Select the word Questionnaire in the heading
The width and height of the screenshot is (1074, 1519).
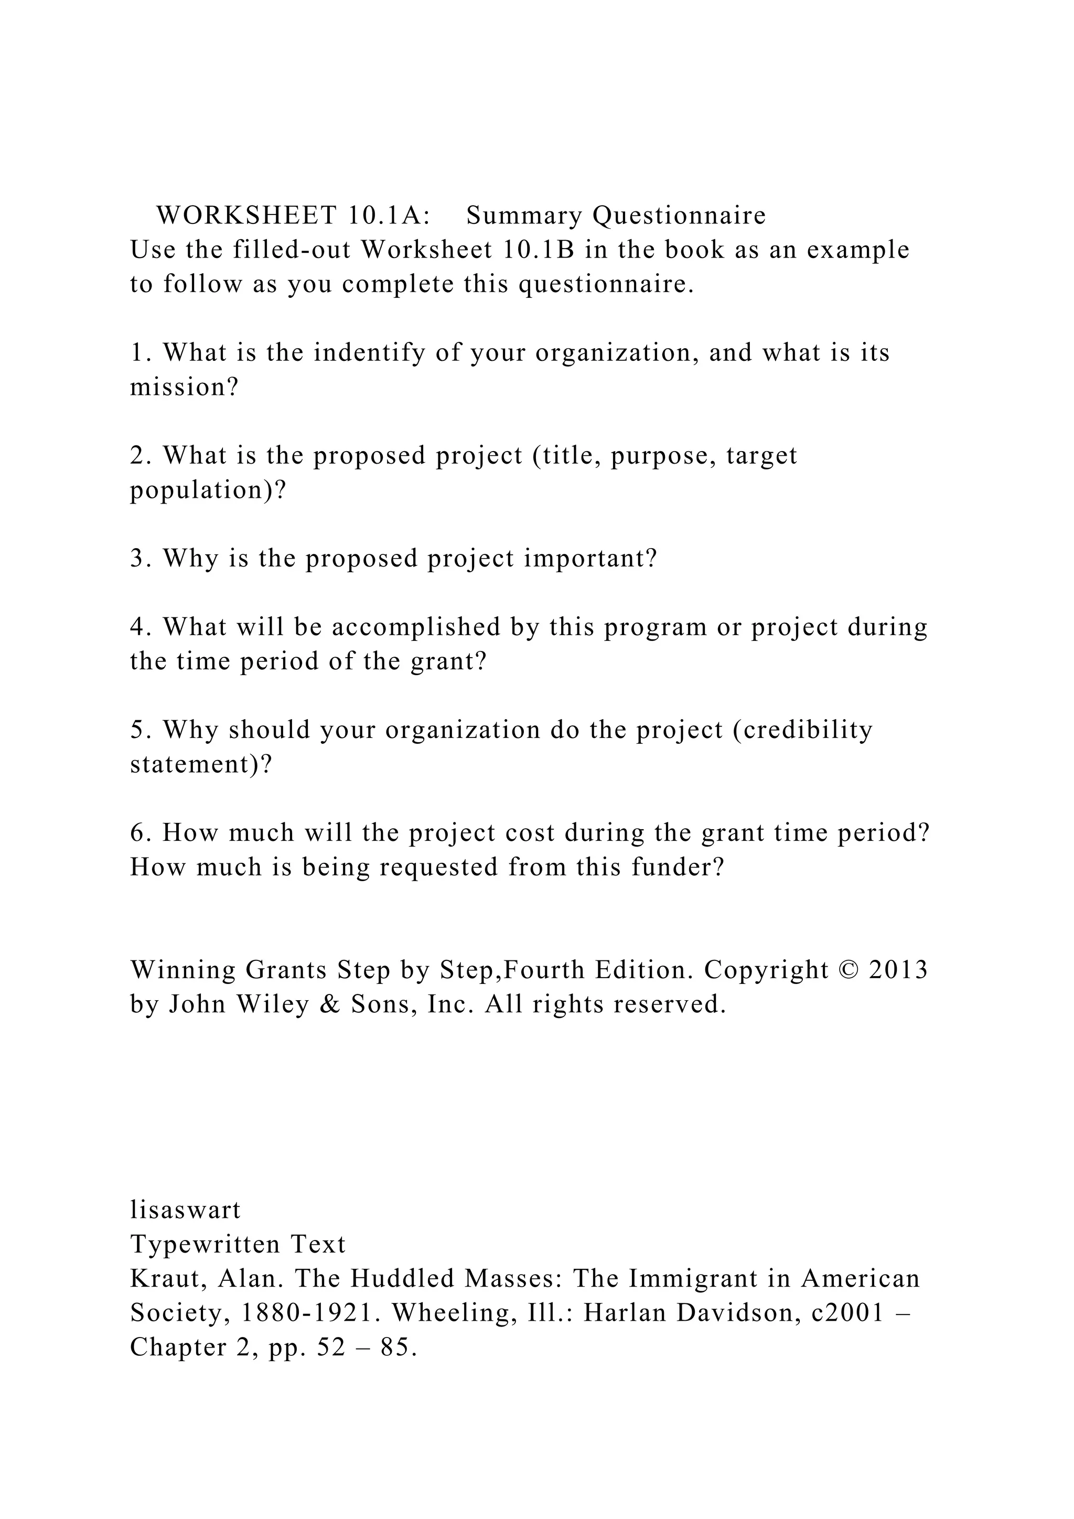point(679,216)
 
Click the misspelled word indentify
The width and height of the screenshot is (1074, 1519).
point(369,352)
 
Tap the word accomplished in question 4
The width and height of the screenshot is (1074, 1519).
point(416,627)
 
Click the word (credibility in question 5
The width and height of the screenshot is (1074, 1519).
point(802,730)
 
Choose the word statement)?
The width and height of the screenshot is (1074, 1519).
point(201,764)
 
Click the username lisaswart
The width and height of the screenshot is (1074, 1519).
point(185,1210)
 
